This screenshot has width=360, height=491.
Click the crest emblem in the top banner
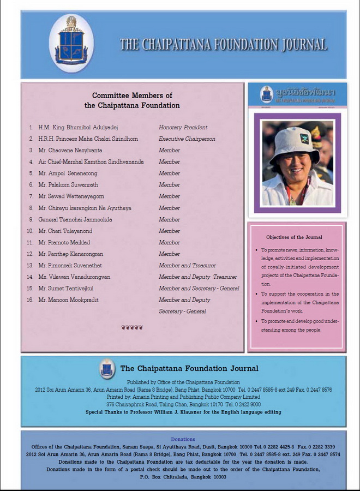(x=71, y=43)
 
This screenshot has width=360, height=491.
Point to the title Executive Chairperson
(x=187, y=139)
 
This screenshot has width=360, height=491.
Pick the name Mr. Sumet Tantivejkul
(x=74, y=288)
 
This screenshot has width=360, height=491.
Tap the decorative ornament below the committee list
(x=132, y=327)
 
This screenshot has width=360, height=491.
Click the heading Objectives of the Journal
(x=294, y=237)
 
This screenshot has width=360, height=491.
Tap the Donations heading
(x=183, y=439)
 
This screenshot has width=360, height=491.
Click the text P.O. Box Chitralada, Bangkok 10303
(x=183, y=476)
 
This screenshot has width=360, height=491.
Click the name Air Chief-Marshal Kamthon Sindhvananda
(x=91, y=161)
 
